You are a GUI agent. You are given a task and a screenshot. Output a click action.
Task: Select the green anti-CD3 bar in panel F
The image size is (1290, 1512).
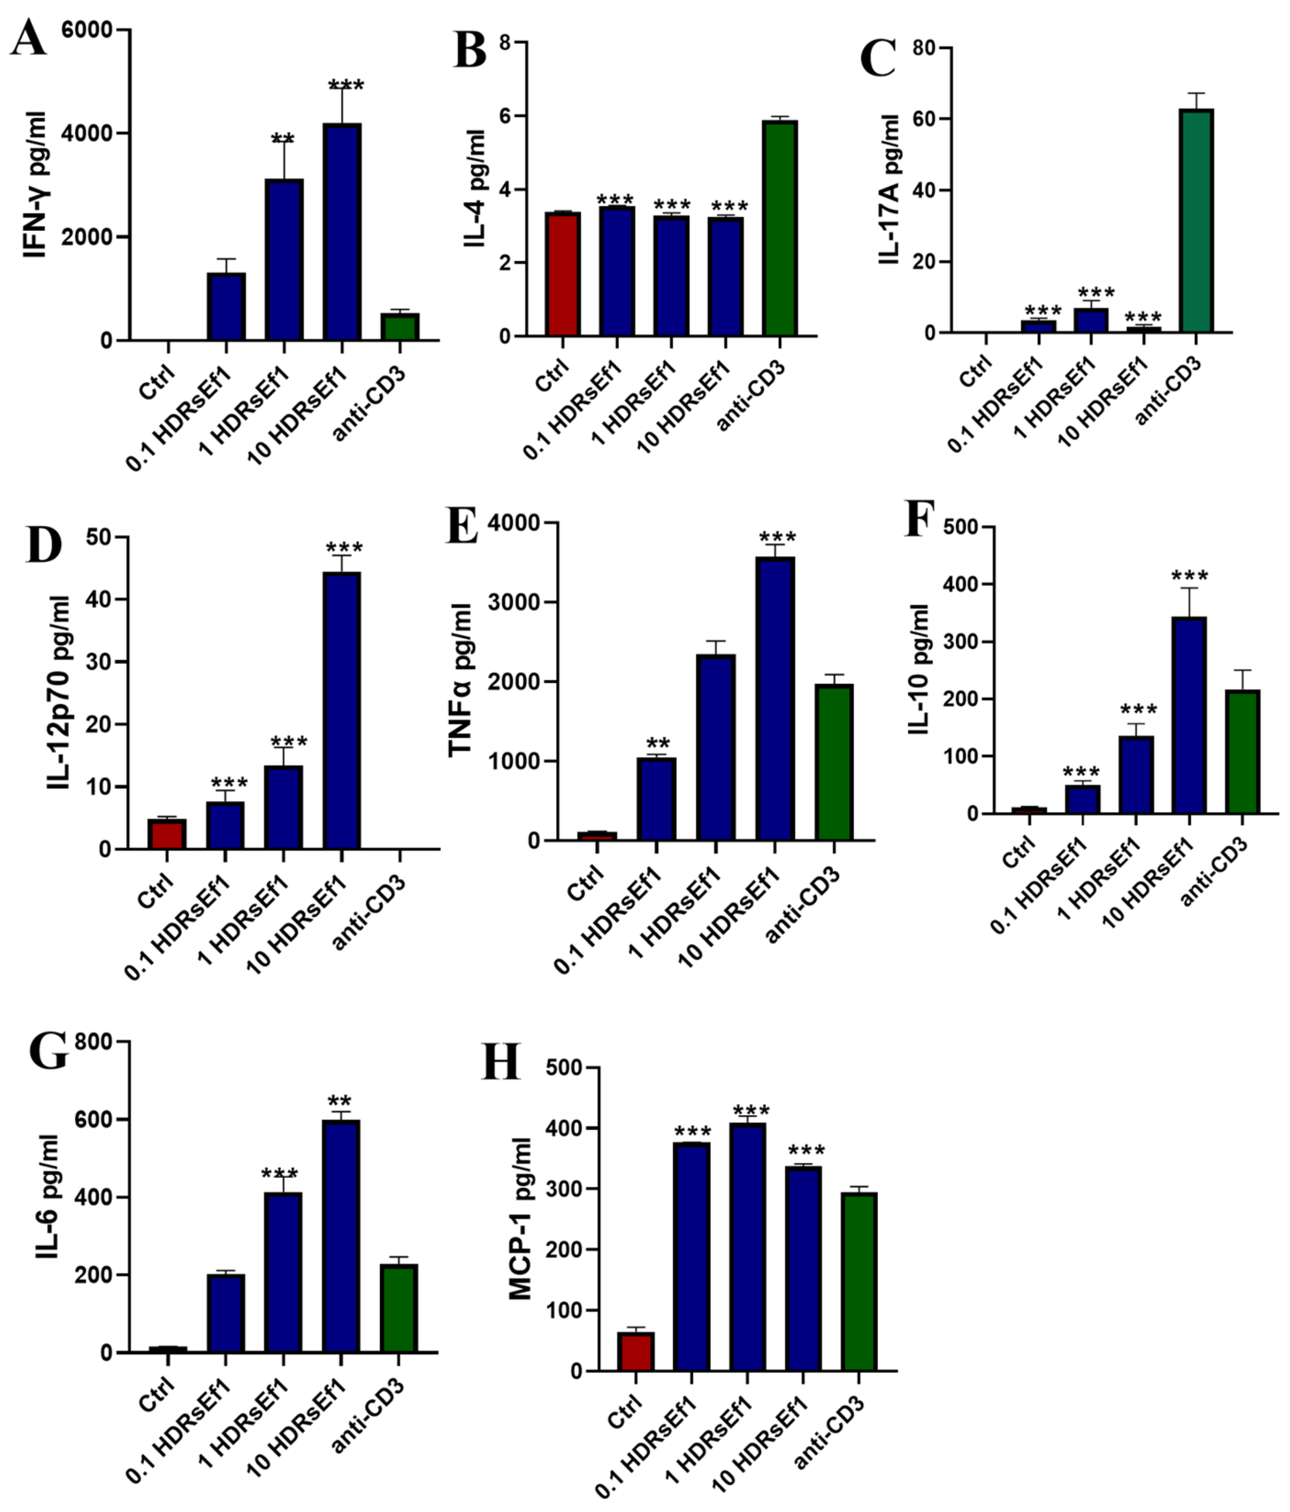[1243, 751]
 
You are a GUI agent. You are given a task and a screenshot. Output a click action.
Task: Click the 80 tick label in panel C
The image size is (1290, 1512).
[925, 48]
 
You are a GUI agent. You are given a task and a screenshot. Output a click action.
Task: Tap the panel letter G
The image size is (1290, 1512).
[48, 1051]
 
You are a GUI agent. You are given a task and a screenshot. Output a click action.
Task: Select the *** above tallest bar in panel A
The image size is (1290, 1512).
[345, 86]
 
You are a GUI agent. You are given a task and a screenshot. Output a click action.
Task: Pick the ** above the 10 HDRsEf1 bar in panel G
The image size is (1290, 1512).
[340, 1101]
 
